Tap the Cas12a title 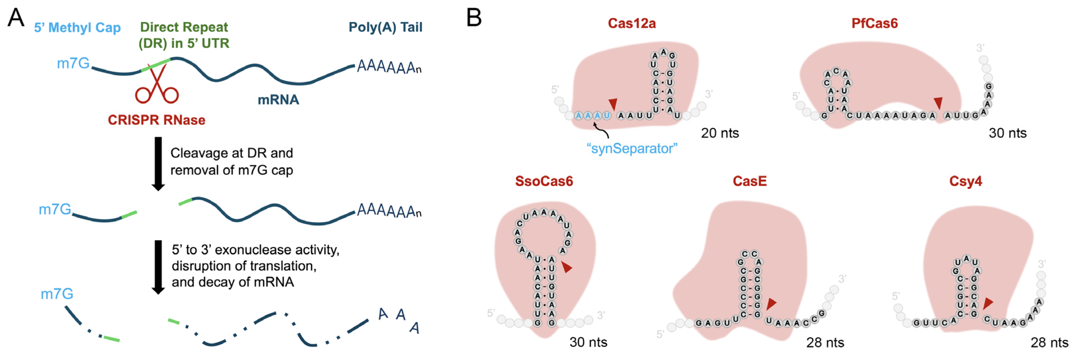pyautogui.click(x=632, y=23)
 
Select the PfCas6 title pyautogui.click(x=874, y=23)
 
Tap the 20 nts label pyautogui.click(x=720, y=133)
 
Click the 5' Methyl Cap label pyautogui.click(x=77, y=28)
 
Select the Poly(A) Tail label pyautogui.click(x=385, y=27)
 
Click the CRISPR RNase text pyautogui.click(x=156, y=120)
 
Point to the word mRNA pyautogui.click(x=278, y=100)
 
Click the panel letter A pyautogui.click(x=16, y=18)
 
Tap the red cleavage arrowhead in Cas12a pyautogui.click(x=613, y=104)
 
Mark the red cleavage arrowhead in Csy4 pyautogui.click(x=988, y=303)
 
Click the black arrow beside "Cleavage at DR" pyautogui.click(x=158, y=163)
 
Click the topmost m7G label pyautogui.click(x=73, y=64)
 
